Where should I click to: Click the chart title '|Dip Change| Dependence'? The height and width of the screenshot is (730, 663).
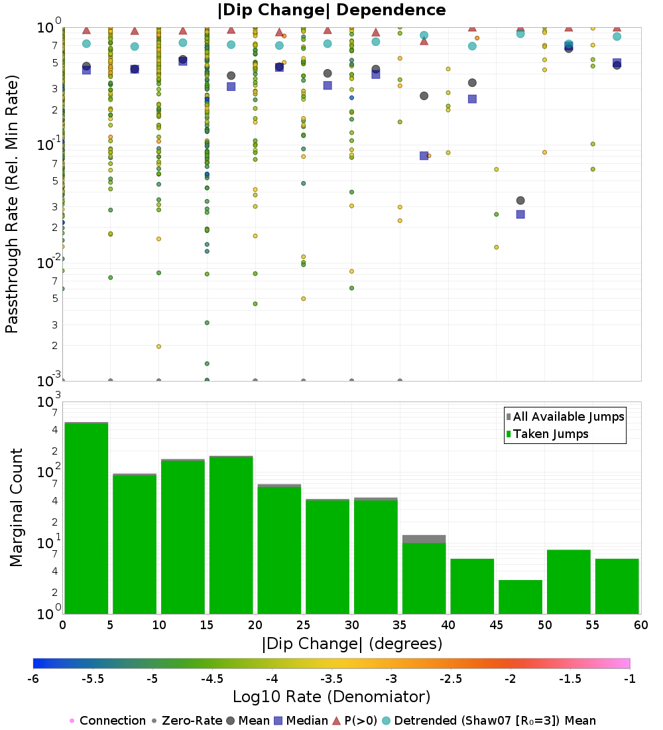331,10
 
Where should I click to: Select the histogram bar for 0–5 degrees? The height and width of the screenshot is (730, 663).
86,518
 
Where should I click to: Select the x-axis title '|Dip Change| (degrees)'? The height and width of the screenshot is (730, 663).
352,643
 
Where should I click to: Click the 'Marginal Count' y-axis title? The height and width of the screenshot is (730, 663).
16,508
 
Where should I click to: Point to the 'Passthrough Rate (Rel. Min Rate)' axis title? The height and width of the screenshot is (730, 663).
12,203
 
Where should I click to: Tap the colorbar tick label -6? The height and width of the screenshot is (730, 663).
33,678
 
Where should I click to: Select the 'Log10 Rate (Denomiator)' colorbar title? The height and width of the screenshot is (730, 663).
331,697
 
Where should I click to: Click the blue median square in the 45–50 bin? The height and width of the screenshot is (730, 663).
520,214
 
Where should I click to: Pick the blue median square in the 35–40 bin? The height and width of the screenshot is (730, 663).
424,155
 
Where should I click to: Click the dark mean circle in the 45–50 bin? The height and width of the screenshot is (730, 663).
520,200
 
